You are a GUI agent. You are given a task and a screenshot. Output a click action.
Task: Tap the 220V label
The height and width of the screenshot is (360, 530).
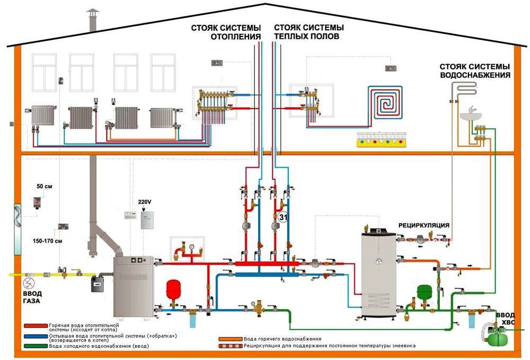(x=144, y=202)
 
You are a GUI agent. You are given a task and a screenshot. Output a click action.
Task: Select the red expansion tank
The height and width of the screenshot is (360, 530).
(x=173, y=289)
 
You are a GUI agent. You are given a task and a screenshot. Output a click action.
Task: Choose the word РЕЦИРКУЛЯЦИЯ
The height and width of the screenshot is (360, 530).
(x=424, y=225)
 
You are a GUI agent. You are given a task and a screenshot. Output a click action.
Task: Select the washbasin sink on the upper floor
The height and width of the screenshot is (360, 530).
(x=470, y=113)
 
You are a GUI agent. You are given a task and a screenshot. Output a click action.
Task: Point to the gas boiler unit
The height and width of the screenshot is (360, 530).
(x=134, y=286)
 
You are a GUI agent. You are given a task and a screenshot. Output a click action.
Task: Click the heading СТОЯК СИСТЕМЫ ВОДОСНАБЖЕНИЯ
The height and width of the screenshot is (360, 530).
(x=475, y=71)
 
